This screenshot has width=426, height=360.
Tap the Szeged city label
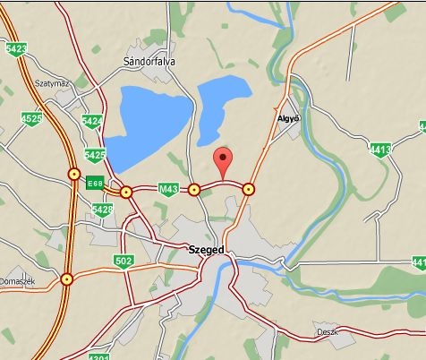(x=206, y=250)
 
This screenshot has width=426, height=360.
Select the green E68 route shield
(x=95, y=184)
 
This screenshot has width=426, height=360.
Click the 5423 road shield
(x=14, y=49)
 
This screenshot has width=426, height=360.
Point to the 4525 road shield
(x=32, y=118)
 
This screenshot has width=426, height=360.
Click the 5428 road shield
(x=103, y=210)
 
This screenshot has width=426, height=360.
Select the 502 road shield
(x=124, y=261)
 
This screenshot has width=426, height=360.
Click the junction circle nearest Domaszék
(x=66, y=279)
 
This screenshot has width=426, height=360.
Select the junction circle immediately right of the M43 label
(x=193, y=189)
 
